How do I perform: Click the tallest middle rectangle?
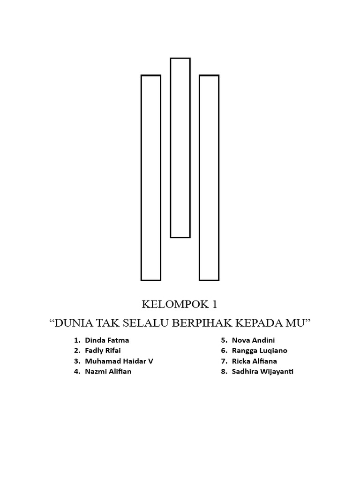coord(180,148)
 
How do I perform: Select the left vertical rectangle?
coord(151,178)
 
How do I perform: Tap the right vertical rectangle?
coord(209,178)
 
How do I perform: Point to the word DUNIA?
coord(74,323)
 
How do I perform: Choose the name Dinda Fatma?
coord(107,340)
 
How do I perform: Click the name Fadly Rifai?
coord(103,351)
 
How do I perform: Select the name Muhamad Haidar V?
coord(119,361)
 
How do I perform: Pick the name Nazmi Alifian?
coord(108,372)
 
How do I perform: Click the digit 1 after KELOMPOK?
coord(214,305)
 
